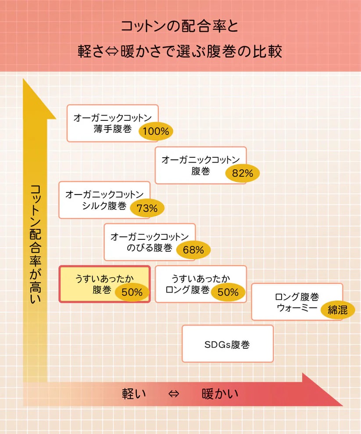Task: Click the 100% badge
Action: click(156, 131)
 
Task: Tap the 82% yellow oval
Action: click(243, 173)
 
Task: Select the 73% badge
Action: click(147, 208)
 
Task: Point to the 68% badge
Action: click(193, 250)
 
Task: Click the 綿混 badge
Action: click(338, 310)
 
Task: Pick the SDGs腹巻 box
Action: click(228, 344)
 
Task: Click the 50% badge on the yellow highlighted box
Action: click(132, 292)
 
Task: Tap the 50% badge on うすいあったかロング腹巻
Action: click(228, 292)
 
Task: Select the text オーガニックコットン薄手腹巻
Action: click(112, 123)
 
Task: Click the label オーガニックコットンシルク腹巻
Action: click(104, 200)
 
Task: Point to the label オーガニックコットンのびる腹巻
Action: click(150, 242)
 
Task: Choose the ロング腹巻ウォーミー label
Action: click(297, 302)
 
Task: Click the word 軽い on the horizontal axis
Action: click(134, 394)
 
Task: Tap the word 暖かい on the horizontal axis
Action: click(220, 394)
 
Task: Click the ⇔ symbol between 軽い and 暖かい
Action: click(174, 394)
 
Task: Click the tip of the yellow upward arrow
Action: click(23, 79)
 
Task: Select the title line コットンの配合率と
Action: click(180, 26)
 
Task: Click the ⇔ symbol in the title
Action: click(112, 51)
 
